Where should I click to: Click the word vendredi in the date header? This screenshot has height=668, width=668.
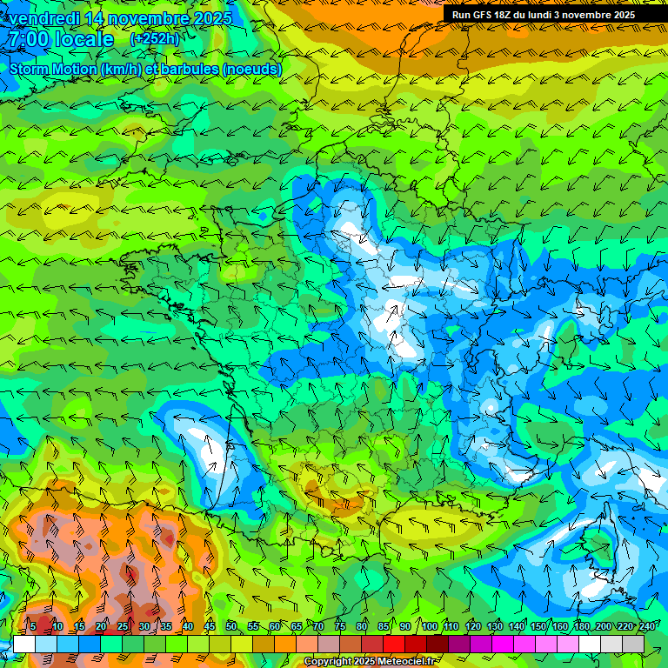point(43,18)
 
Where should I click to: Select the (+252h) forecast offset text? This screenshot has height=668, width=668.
point(155,39)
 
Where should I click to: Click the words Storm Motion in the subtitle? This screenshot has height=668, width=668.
point(52,69)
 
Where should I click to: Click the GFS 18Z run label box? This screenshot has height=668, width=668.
point(555,15)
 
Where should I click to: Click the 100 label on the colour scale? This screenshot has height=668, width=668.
point(429,627)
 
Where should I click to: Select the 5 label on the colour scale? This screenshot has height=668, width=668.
point(33,627)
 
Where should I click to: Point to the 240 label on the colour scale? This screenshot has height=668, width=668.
point(646,627)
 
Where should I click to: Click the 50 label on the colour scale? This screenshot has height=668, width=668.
point(231,627)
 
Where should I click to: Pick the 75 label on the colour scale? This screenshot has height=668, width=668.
point(341,627)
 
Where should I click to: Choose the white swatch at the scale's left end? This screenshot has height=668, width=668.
point(23,644)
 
